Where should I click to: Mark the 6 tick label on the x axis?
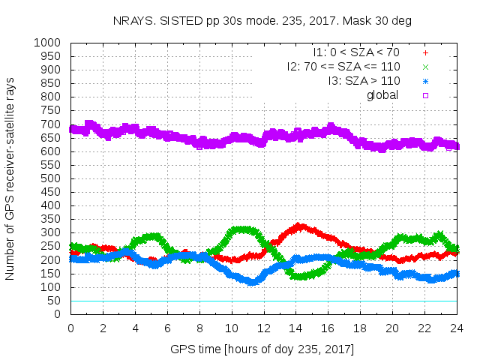coord(167,328)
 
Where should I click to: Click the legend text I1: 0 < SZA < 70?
coord(356,53)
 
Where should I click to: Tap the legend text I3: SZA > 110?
coord(364,81)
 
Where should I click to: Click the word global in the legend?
coord(382,95)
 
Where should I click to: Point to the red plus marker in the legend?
coord(425,53)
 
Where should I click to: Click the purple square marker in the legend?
coord(425,95)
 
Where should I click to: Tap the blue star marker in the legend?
coord(425,81)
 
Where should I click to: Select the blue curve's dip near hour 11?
coord(252,281)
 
